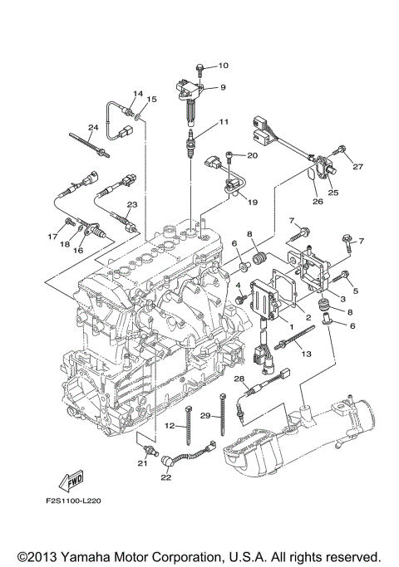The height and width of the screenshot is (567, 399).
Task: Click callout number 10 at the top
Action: point(224,65)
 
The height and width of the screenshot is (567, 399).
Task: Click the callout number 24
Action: point(93,127)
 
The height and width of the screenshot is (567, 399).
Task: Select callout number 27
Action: point(358,167)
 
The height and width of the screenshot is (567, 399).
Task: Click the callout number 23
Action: point(131,204)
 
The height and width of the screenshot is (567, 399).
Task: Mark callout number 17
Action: point(52,236)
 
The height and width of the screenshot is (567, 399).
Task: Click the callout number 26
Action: point(317,199)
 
